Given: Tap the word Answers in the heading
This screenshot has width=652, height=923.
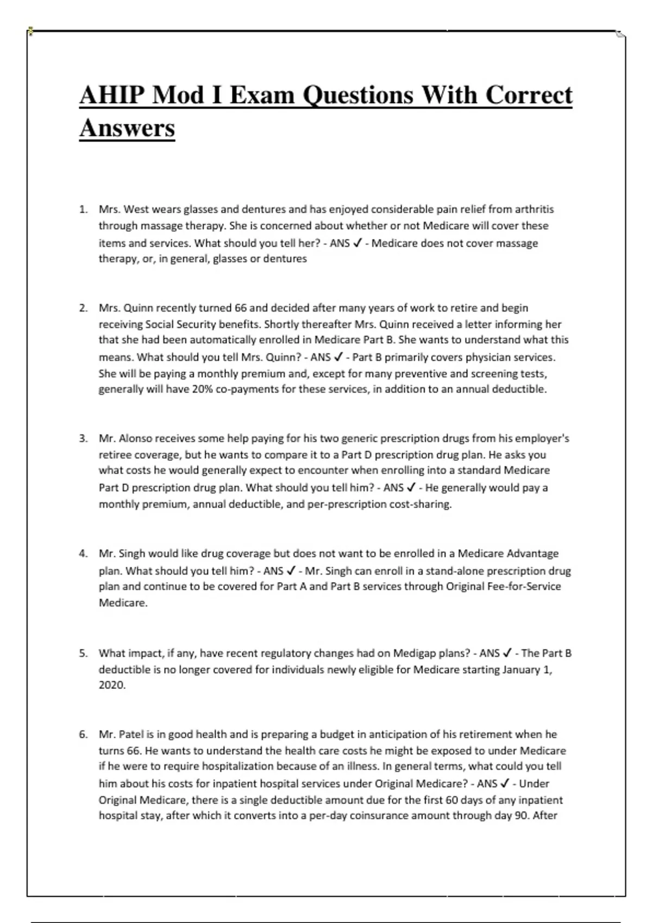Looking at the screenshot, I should coord(127,129).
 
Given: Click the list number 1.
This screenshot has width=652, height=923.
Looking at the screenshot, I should coord(83,209).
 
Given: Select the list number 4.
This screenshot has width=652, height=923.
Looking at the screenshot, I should coord(83,553).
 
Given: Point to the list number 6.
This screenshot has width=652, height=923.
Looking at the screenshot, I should coord(83,734).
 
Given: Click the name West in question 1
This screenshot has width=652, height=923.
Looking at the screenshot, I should coord(136,209).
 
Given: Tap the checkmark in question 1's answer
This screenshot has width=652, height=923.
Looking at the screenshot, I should coord(358,243).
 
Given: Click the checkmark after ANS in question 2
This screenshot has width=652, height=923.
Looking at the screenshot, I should coord(338,357).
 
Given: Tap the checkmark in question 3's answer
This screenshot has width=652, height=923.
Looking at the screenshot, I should coord(411,488).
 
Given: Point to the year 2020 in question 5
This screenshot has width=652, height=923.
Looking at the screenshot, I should coord(111,685).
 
